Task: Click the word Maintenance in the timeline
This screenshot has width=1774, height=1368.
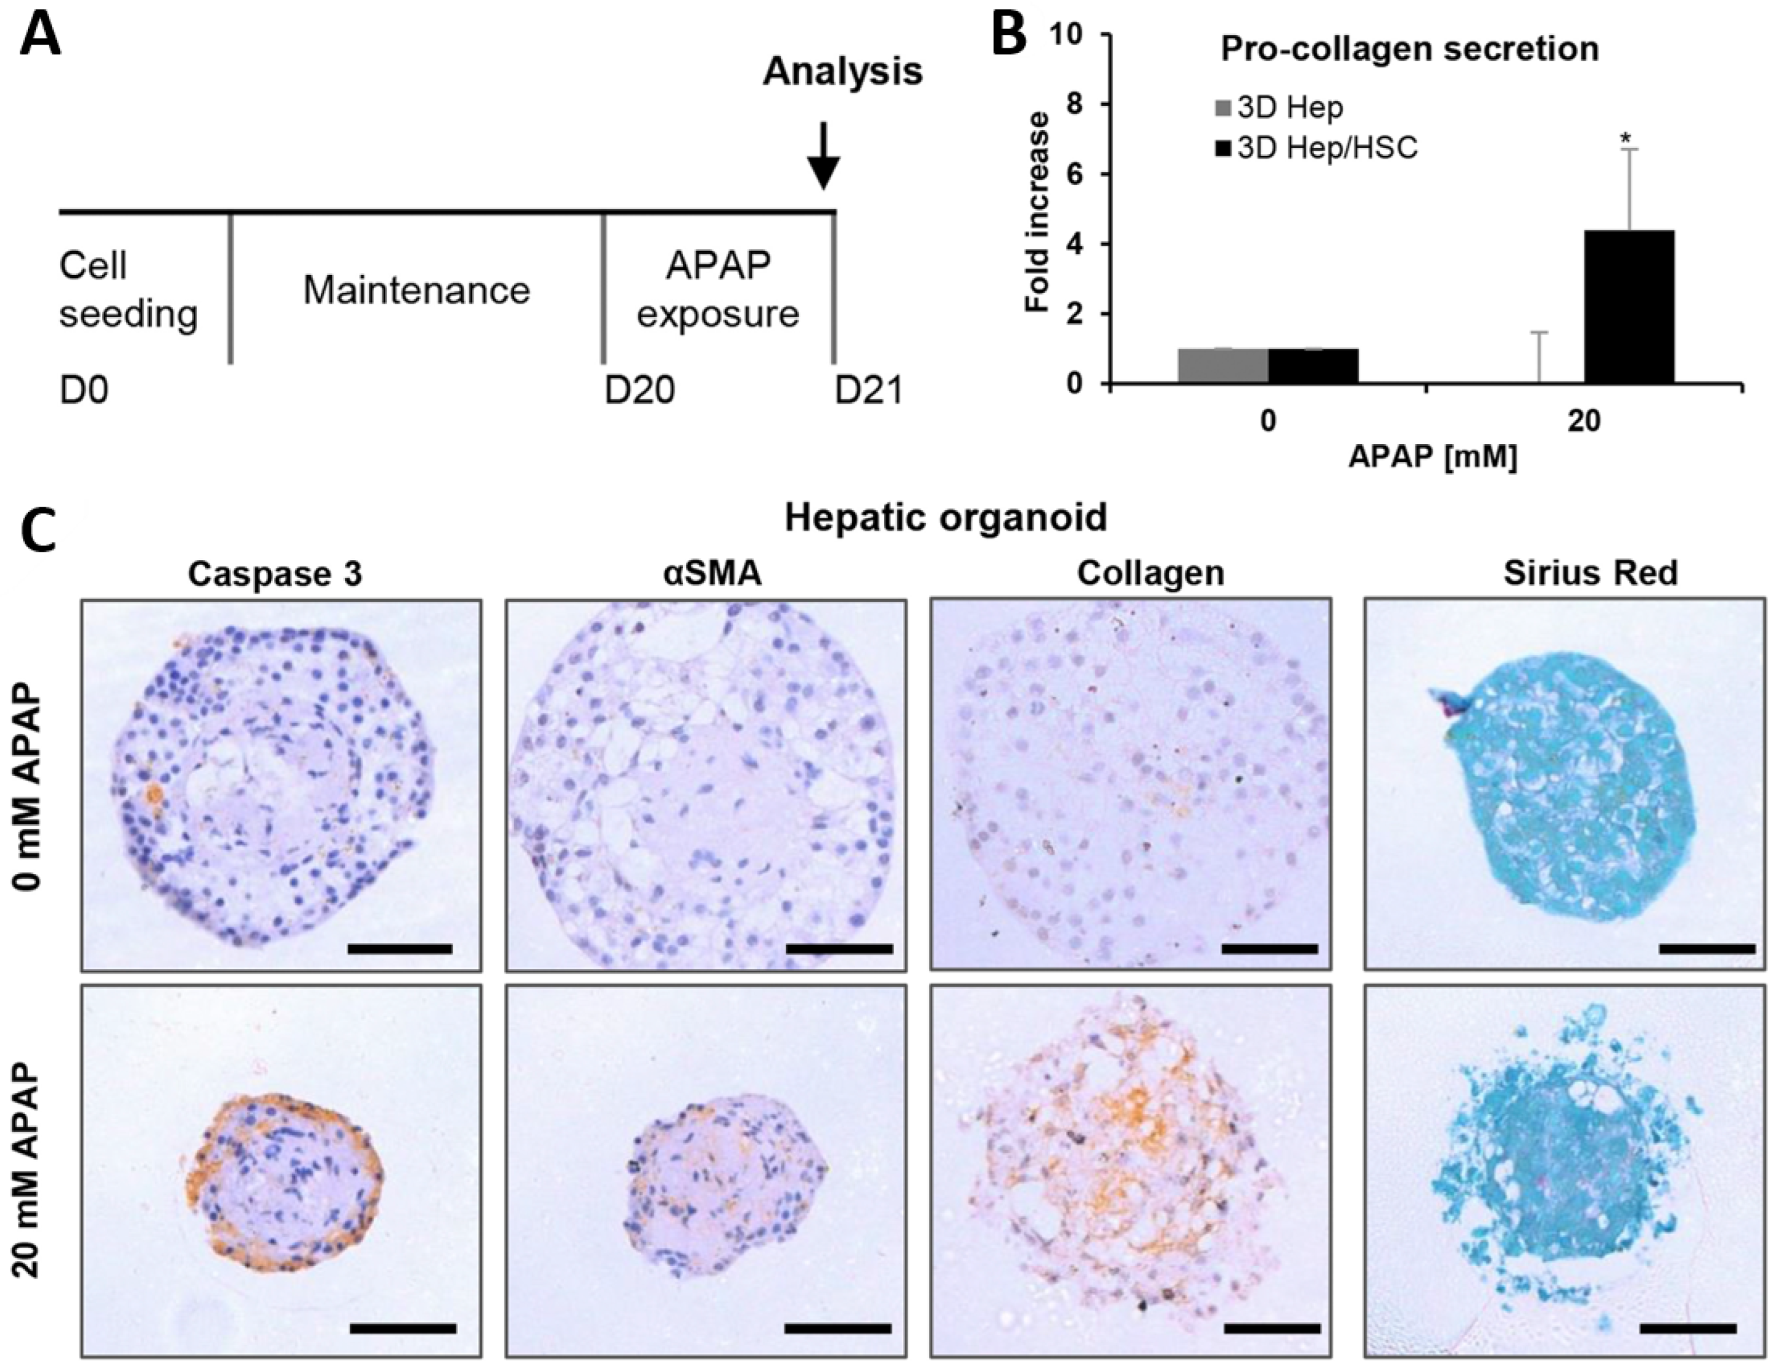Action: (x=416, y=290)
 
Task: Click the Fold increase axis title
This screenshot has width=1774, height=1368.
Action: (x=1037, y=211)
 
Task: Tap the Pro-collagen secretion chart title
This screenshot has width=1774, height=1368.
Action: (x=1410, y=49)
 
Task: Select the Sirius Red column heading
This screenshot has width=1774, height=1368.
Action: (x=1589, y=574)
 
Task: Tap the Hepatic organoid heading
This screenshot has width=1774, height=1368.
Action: (x=945, y=517)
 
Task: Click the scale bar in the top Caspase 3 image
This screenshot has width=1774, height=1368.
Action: (x=399, y=948)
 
